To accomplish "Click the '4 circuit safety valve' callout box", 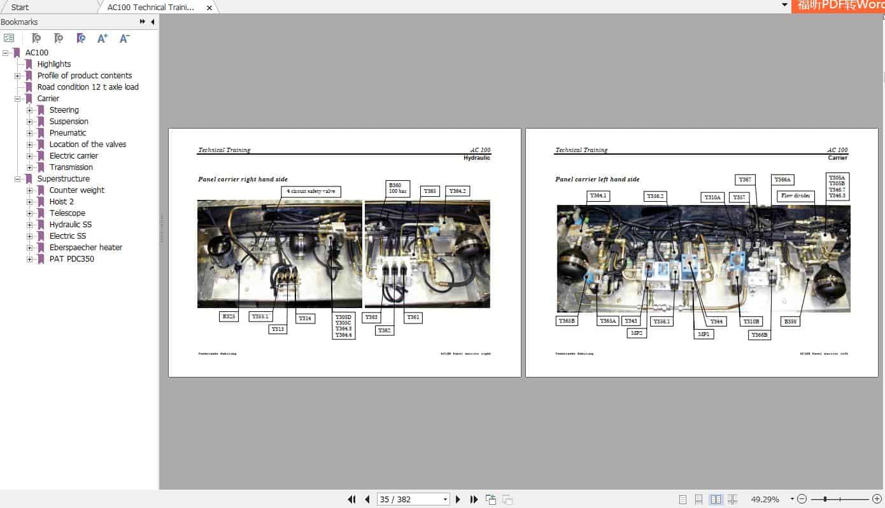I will click(311, 191).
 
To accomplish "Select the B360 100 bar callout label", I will click(395, 188).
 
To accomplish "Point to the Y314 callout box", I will click(306, 318).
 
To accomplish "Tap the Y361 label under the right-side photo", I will click(413, 317).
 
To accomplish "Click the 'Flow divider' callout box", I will click(795, 196).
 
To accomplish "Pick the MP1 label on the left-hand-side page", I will click(704, 334).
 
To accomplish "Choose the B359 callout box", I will click(790, 321).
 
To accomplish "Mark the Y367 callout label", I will click(744, 180).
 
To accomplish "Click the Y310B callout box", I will click(751, 321).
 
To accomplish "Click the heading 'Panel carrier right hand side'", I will click(243, 180).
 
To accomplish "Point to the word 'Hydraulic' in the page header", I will click(477, 157).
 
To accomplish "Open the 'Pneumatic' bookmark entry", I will click(67, 133).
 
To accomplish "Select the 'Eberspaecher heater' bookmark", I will click(85, 248).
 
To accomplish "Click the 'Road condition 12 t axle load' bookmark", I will click(88, 87).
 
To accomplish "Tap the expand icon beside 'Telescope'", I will click(30, 213).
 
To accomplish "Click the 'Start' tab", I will click(20, 8).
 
